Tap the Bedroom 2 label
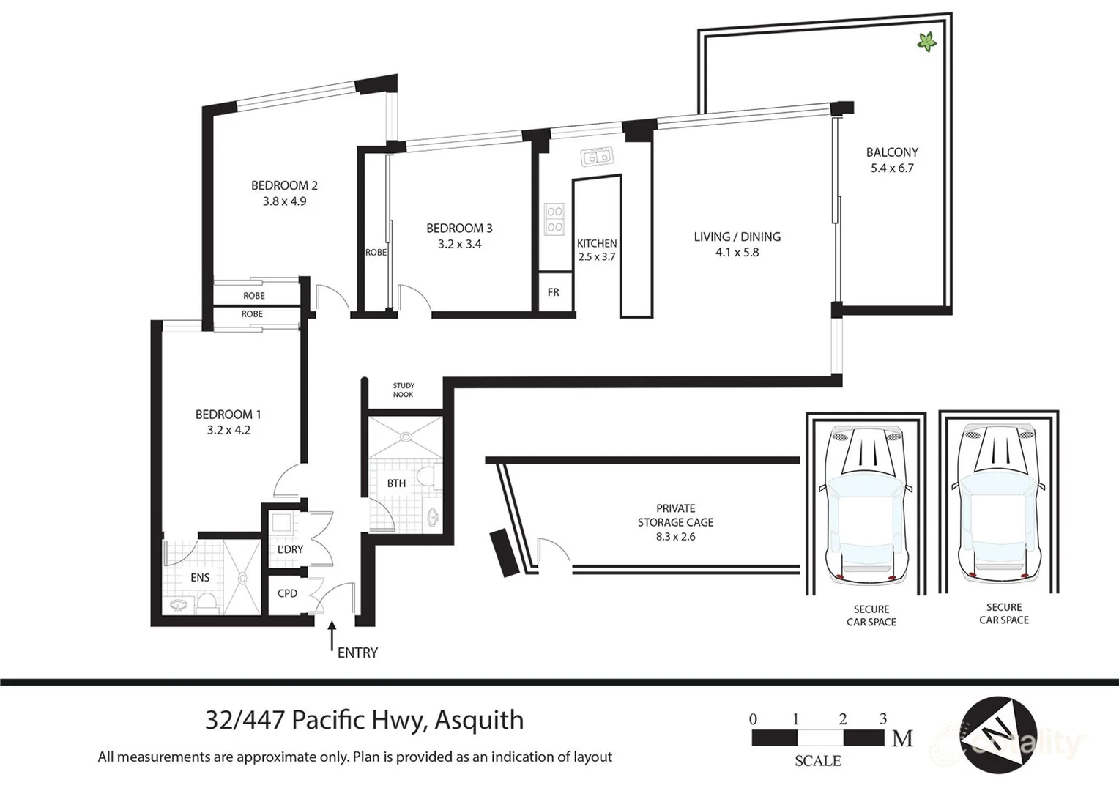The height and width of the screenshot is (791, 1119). click(x=284, y=185)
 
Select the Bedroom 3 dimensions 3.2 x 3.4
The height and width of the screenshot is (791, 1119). click(x=459, y=245)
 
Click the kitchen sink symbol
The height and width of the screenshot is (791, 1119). click(x=596, y=157)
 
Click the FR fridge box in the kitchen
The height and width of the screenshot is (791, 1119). click(x=553, y=292)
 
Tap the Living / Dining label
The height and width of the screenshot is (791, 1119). click(x=737, y=237)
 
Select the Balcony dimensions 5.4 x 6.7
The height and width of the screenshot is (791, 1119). click(x=891, y=168)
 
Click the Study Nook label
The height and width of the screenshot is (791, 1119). click(x=403, y=390)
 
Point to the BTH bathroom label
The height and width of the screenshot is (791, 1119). click(x=396, y=483)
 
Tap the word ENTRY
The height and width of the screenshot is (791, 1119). click(x=357, y=653)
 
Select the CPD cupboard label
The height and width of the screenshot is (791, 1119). click(x=287, y=593)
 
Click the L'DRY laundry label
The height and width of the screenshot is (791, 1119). click(x=290, y=549)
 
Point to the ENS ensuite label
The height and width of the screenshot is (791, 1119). click(x=200, y=578)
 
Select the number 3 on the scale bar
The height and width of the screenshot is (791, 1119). click(x=883, y=719)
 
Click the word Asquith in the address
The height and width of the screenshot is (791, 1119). click(x=479, y=721)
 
